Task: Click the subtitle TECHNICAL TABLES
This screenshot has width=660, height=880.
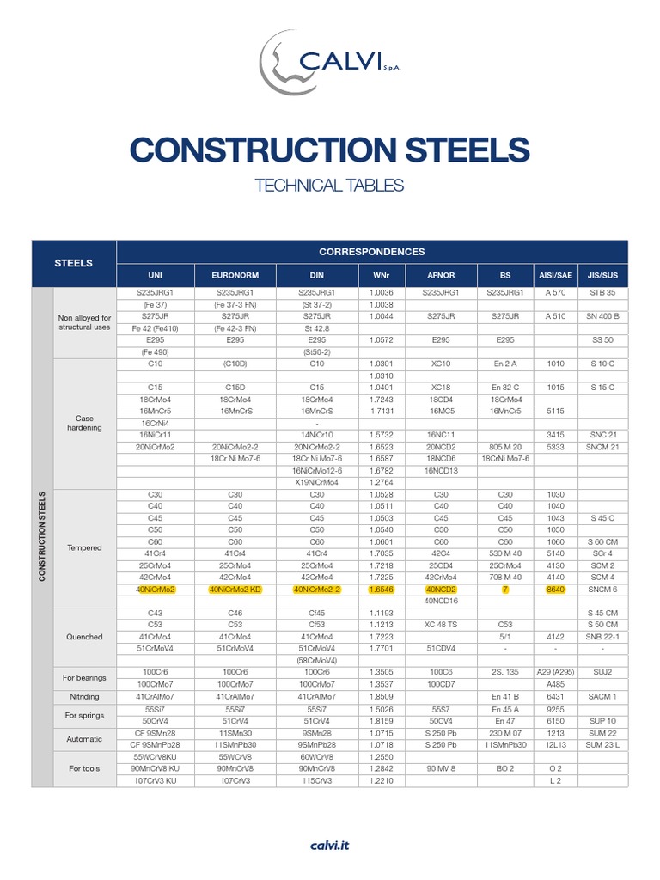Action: click(330, 185)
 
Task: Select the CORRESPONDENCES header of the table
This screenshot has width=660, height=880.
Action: click(371, 252)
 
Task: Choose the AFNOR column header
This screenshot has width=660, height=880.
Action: click(441, 275)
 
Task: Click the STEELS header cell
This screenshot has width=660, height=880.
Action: click(74, 263)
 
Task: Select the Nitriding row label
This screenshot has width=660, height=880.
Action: click(84, 696)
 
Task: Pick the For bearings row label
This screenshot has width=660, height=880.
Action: click(84, 678)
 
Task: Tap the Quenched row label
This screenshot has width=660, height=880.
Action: click(84, 637)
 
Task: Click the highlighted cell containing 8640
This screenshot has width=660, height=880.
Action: click(555, 590)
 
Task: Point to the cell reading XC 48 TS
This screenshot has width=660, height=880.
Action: click(441, 625)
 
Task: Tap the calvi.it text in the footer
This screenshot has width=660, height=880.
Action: click(330, 846)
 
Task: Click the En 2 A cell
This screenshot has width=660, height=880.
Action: click(505, 364)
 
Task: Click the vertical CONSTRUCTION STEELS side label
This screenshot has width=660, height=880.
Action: click(41, 536)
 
